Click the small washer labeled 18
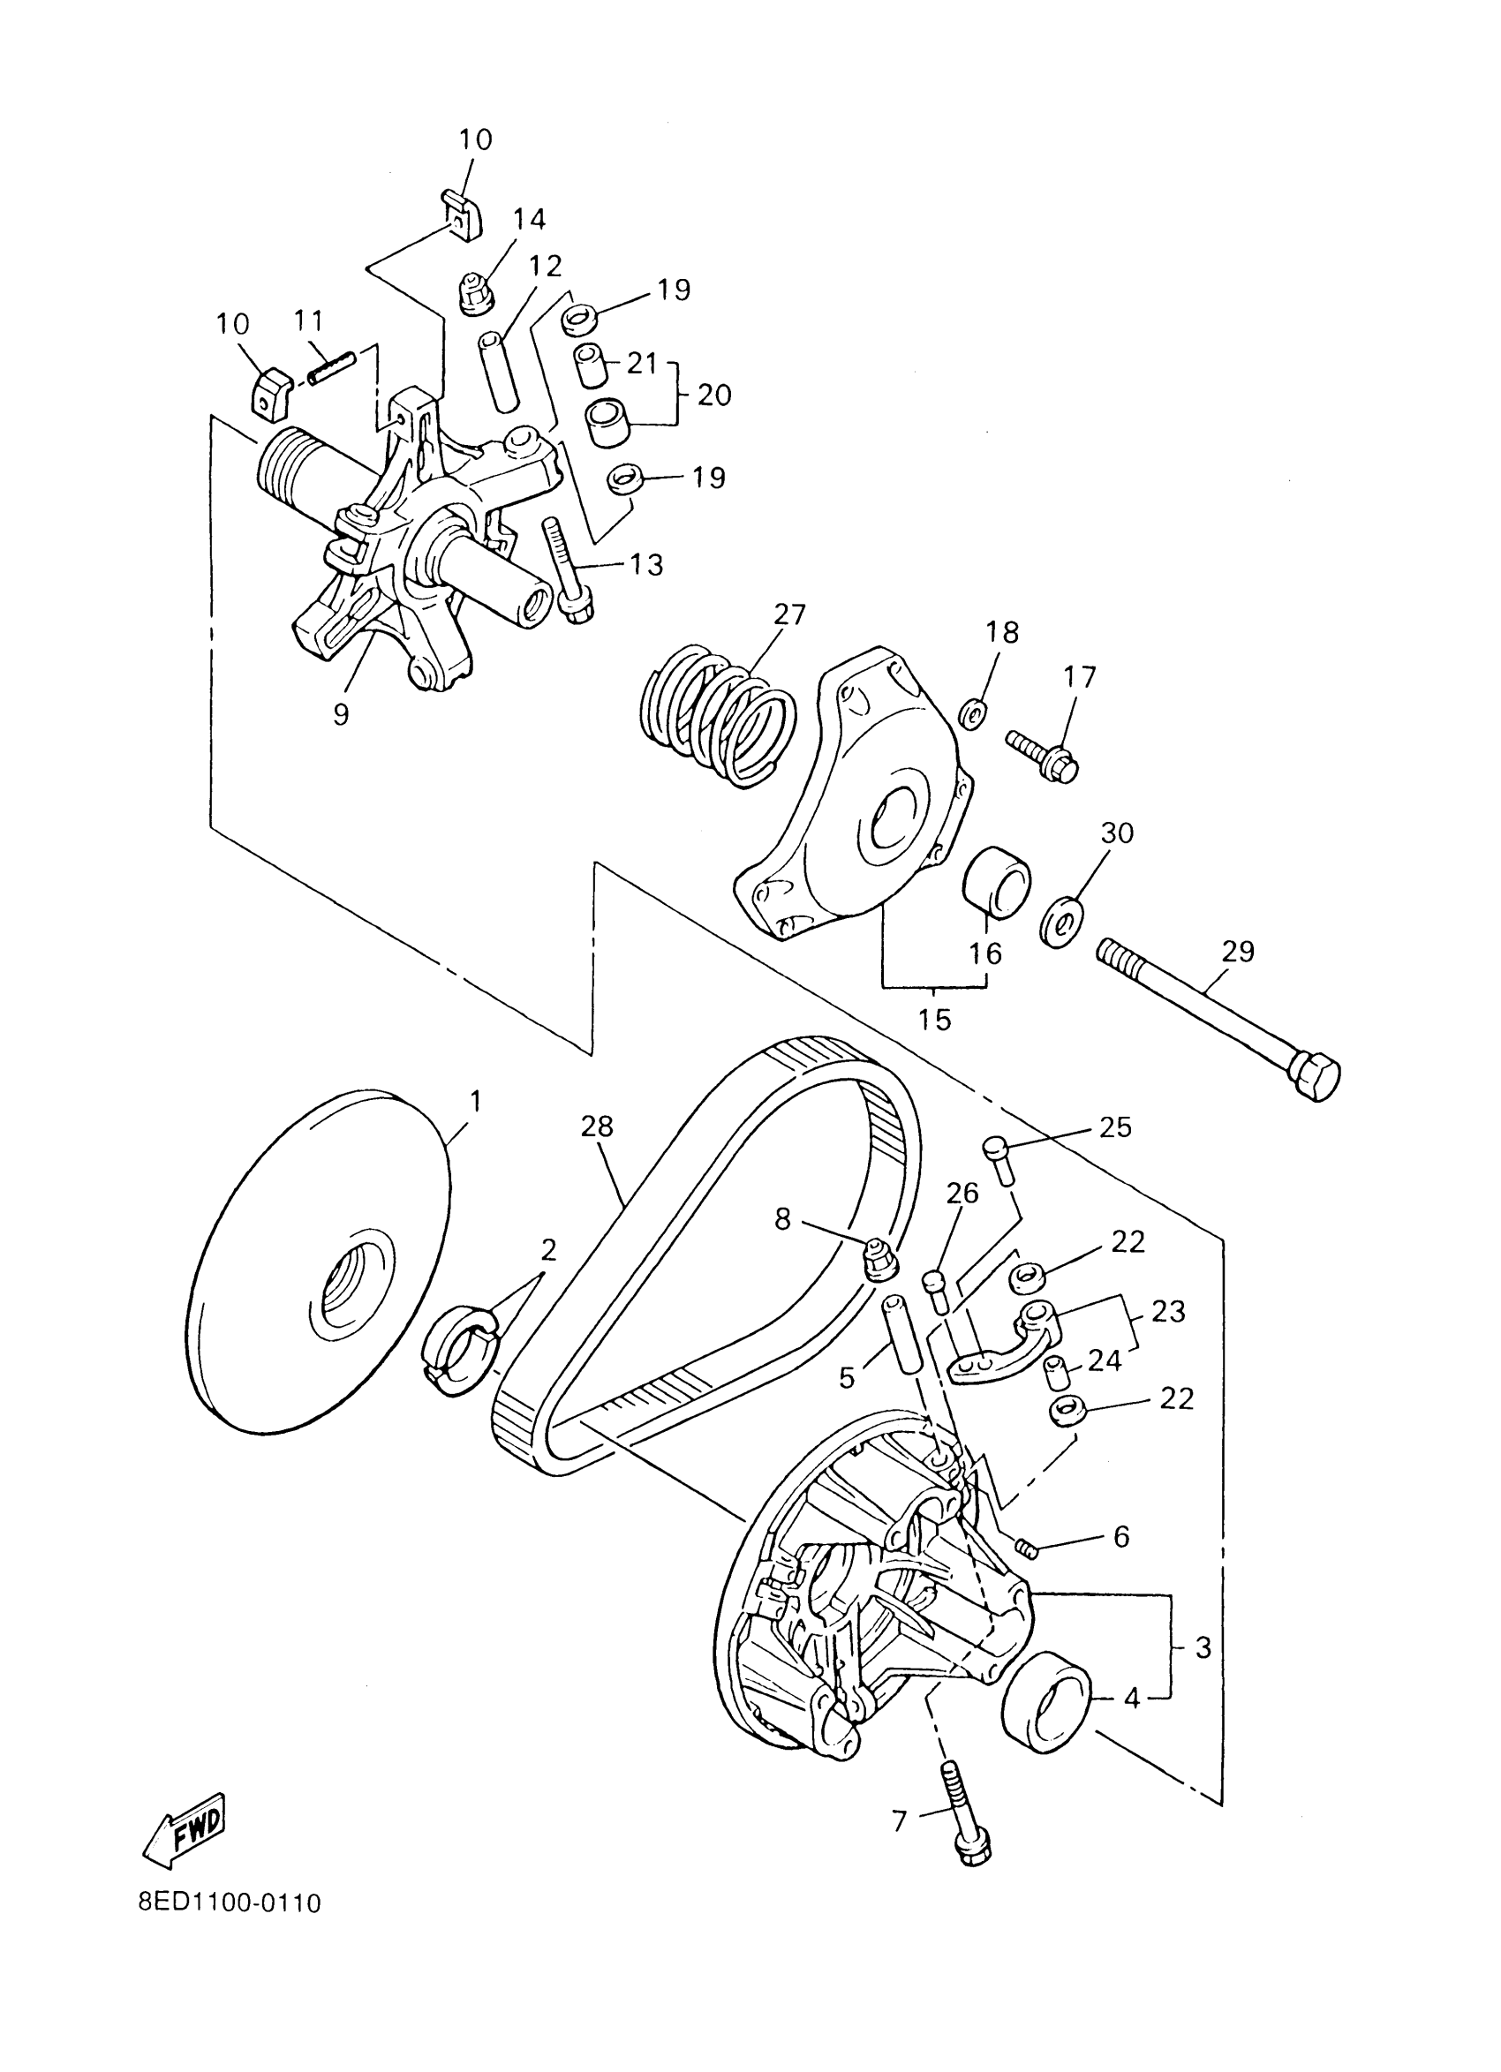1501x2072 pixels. (974, 713)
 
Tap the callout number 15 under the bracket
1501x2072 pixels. (934, 1019)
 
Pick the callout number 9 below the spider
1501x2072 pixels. (341, 713)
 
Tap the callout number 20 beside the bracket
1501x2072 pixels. (714, 396)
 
